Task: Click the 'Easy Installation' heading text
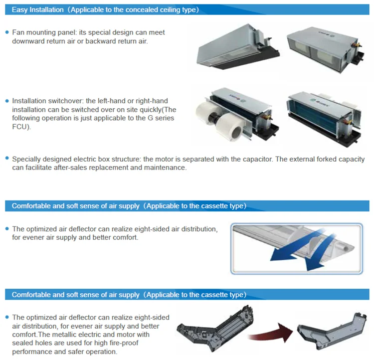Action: [x=38, y=10]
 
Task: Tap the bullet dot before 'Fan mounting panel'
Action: [x=7, y=32]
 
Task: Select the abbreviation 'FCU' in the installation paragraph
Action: [x=20, y=127]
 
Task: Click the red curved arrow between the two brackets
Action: [x=271, y=333]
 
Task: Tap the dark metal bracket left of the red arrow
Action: [x=215, y=328]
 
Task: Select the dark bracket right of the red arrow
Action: [x=332, y=331]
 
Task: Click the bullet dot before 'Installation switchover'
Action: [x=7, y=101]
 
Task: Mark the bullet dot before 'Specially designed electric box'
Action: [x=7, y=158]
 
